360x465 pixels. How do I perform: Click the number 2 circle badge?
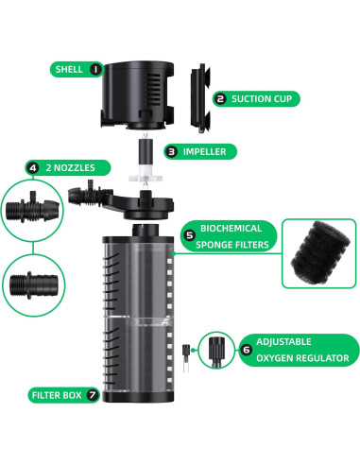(220, 97)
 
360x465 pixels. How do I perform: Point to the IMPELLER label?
(201, 150)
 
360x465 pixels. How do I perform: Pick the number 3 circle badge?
(171, 150)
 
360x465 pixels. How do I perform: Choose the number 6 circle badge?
(247, 349)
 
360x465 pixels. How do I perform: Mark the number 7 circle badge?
(93, 394)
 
